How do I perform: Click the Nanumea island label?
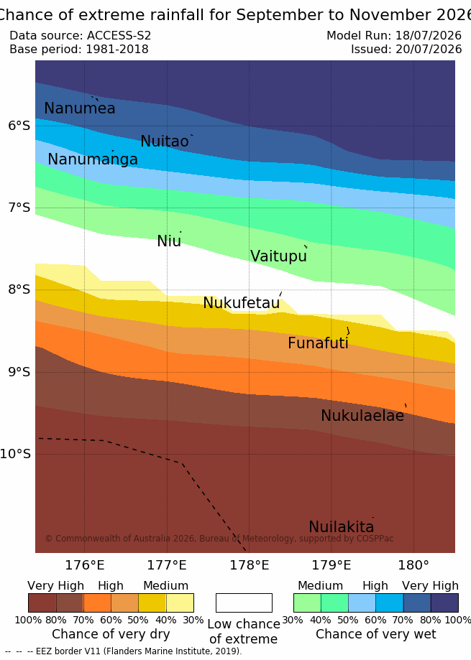(80, 108)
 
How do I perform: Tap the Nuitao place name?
(165, 141)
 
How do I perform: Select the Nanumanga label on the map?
(93, 159)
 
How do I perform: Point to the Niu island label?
(169, 241)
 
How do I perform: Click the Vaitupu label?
(278, 256)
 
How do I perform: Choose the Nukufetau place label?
(242, 302)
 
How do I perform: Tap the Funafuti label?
(318, 343)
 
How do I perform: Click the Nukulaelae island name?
(362, 416)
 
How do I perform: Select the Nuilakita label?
(342, 527)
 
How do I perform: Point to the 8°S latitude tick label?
(19, 289)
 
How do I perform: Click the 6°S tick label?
(19, 126)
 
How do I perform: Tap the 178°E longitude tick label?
(249, 565)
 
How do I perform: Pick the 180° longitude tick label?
(413, 565)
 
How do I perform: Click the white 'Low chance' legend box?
(244, 603)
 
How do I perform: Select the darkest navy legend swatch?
(444, 603)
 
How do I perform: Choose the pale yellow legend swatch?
(180, 603)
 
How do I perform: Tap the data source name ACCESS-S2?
(119, 35)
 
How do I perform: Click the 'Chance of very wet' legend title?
(376, 634)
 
